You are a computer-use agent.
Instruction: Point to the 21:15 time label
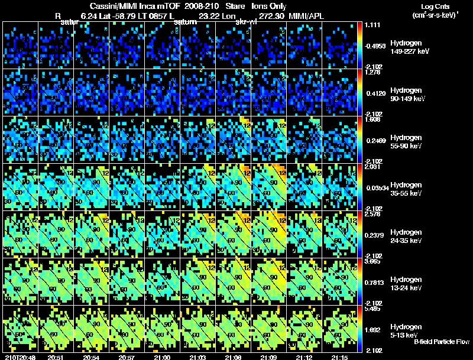[x=339, y=357]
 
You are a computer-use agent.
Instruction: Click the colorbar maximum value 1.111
[x=372, y=25]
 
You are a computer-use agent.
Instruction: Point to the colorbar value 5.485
[x=372, y=309]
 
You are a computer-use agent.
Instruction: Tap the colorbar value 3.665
[x=372, y=261]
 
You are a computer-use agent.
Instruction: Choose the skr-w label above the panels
[x=245, y=22]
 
